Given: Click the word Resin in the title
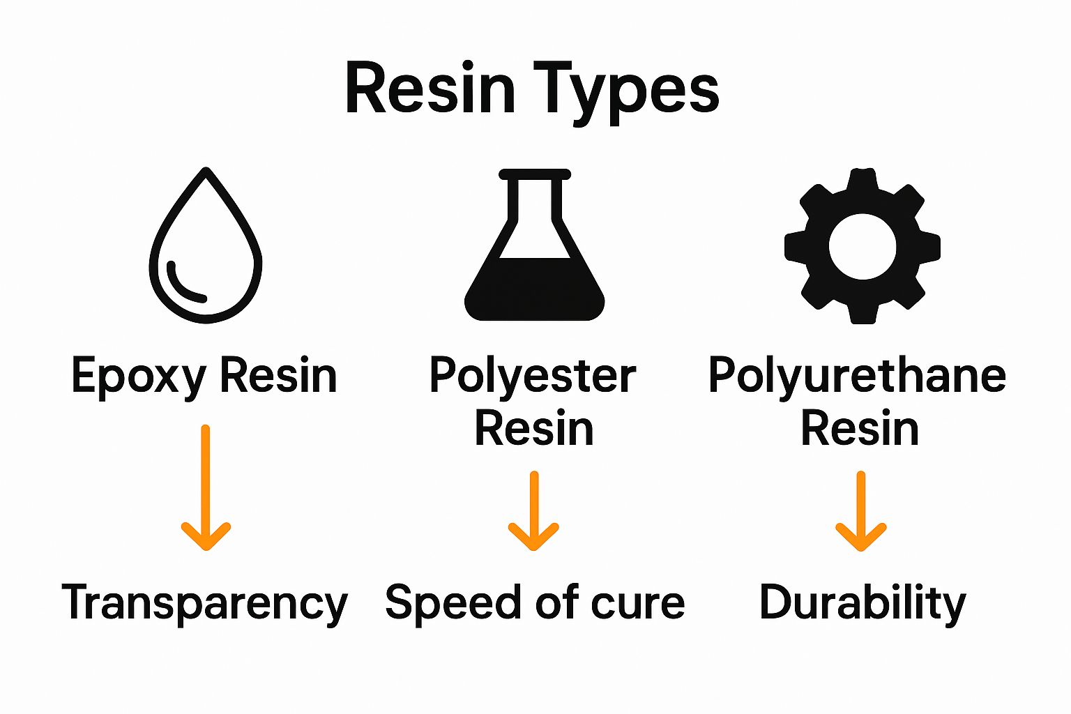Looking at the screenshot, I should click(430, 89).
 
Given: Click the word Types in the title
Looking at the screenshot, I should click(627, 91).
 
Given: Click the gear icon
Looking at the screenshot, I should click(863, 209).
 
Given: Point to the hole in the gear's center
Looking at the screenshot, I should click(863, 246).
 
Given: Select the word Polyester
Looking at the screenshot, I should click(533, 377).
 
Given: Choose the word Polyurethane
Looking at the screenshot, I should click(857, 377).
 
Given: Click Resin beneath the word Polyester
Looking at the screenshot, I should click(534, 428).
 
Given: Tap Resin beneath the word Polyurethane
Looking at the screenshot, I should click(860, 428).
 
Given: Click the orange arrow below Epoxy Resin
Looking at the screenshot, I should click(206, 488).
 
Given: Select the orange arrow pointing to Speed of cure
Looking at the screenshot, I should click(533, 512).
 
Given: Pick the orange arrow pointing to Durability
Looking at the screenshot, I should click(861, 512).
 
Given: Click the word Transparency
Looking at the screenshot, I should click(204, 604).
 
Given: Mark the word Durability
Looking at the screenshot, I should click(863, 602).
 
